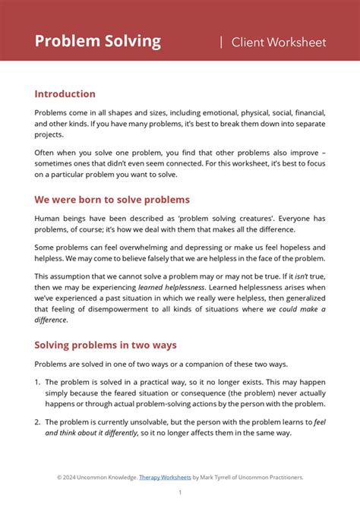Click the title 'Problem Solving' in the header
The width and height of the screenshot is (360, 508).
tap(97, 41)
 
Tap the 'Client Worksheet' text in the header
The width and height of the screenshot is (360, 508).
tap(278, 42)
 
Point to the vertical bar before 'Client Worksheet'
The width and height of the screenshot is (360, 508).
tap(221, 42)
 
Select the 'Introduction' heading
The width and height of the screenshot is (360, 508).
tap(65, 94)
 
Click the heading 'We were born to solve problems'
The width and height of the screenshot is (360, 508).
tap(112, 200)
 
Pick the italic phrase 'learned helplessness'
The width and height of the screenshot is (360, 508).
tap(172, 287)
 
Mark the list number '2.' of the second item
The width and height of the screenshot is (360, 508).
tap(38, 421)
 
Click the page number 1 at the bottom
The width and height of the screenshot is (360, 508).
tap(180, 492)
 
